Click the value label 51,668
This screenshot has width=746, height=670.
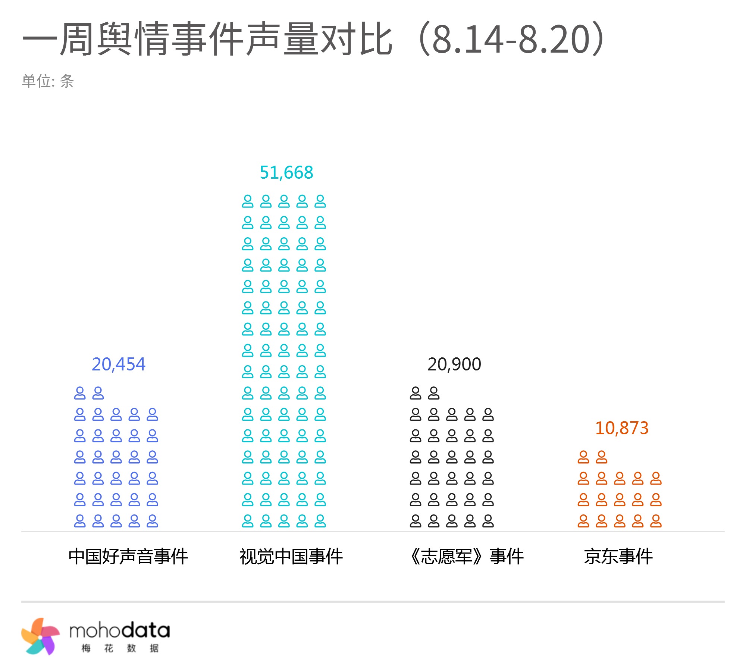[x=286, y=173]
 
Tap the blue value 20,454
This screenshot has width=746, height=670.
[x=118, y=364]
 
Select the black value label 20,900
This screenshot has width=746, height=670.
[x=454, y=364]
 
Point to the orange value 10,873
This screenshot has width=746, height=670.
[x=621, y=428]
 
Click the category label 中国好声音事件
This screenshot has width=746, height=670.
[x=128, y=557]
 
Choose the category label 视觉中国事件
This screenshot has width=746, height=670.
[x=291, y=557]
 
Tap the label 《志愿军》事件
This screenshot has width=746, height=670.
[x=466, y=557]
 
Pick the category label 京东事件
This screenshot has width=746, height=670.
[x=618, y=557]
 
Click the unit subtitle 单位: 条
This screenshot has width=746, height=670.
[x=48, y=81]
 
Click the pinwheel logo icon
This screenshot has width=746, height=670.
[x=40, y=636]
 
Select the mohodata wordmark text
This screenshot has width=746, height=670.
[x=119, y=630]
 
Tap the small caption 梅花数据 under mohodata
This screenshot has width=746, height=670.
[x=120, y=648]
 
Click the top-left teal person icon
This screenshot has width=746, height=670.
[x=248, y=201]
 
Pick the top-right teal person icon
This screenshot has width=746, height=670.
[x=320, y=201]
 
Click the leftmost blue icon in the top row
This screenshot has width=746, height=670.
[x=80, y=393]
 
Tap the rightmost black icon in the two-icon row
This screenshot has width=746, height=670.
[x=433, y=393]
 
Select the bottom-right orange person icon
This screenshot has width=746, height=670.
[x=656, y=521]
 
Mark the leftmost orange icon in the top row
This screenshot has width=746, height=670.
[x=583, y=457]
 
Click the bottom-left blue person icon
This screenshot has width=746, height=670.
[x=80, y=521]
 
